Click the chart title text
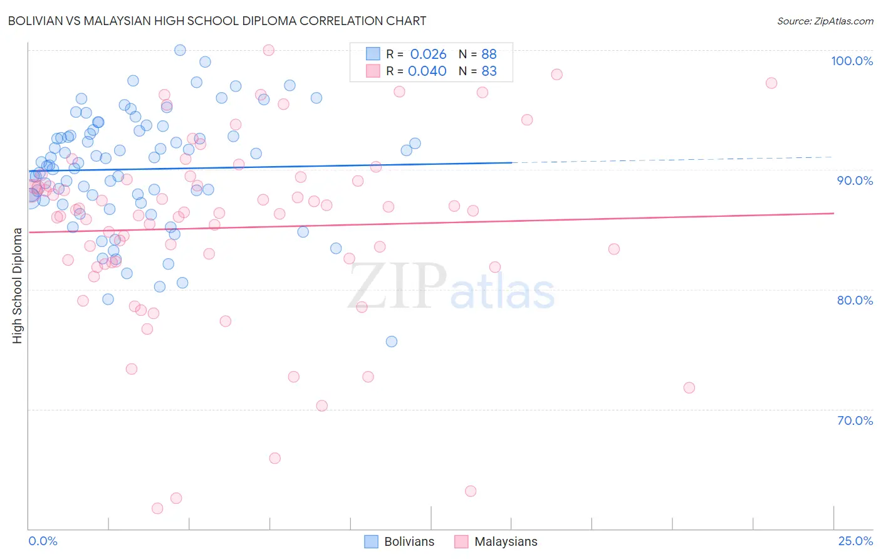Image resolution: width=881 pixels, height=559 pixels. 217,21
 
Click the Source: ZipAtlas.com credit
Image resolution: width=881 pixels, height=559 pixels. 825,21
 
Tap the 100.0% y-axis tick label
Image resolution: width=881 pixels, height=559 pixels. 852,61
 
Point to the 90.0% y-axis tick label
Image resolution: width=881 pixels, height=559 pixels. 855,180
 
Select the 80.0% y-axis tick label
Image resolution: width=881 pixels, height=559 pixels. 855,300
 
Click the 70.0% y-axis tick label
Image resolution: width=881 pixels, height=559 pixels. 855,420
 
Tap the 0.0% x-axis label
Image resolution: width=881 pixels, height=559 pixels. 43,541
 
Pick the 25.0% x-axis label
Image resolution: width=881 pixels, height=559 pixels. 855,541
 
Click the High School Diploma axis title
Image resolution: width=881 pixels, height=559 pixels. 17,285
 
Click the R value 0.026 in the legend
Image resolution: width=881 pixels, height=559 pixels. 428,55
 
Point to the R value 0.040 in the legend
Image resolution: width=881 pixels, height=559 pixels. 427,71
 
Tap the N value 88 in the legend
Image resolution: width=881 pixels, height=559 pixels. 489,55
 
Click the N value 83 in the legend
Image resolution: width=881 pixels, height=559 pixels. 489,71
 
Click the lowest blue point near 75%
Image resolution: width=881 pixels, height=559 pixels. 392,342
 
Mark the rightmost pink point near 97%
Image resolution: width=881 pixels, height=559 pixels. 771,83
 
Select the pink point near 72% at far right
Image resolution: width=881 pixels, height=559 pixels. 689,388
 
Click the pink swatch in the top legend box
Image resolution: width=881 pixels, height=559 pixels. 373,71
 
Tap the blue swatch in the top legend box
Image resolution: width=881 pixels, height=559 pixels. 373,54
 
